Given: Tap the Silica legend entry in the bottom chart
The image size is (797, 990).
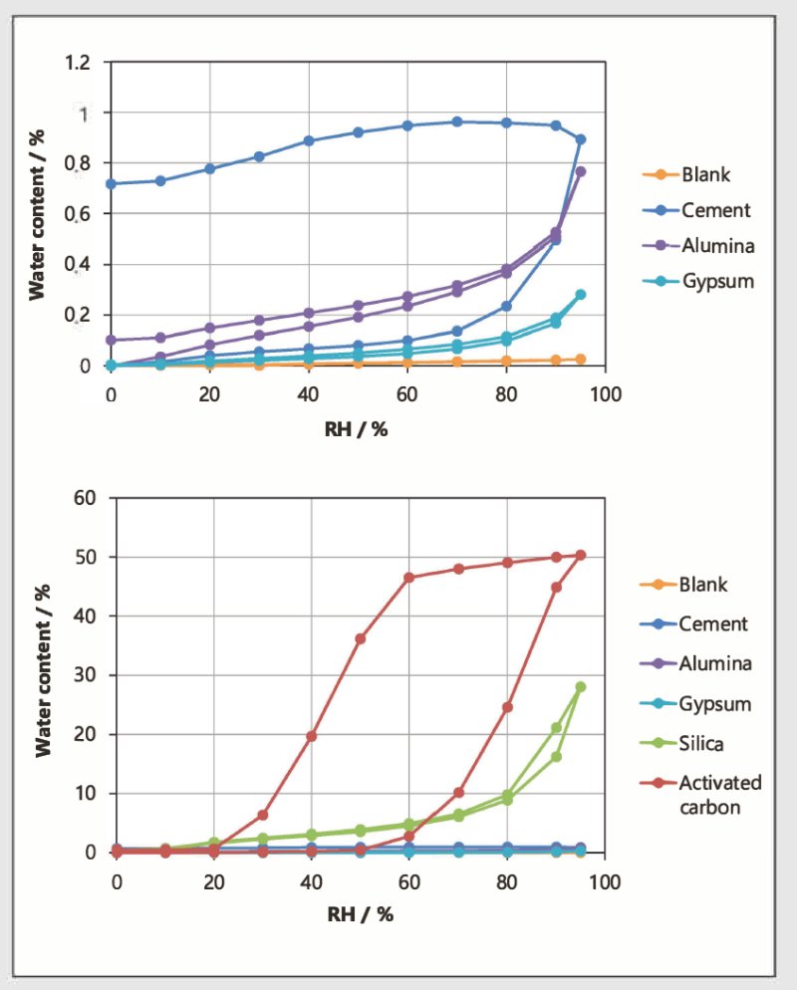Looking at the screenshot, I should click(701, 744).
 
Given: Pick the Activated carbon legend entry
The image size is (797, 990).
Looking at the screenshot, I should click(719, 794).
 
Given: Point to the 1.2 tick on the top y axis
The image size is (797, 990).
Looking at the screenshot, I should click(85, 63).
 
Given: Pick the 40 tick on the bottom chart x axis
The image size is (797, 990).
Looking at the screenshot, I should click(312, 881).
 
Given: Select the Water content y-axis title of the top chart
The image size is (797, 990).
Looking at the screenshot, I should click(37, 213).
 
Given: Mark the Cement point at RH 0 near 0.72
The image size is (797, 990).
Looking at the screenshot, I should click(112, 184).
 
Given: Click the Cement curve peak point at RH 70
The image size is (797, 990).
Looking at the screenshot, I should click(457, 122).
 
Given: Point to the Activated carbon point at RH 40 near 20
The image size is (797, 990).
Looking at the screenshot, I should click(312, 736).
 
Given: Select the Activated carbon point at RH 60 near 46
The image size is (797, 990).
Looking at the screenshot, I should click(409, 577).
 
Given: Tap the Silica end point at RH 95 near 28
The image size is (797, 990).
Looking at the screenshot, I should click(581, 686).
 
